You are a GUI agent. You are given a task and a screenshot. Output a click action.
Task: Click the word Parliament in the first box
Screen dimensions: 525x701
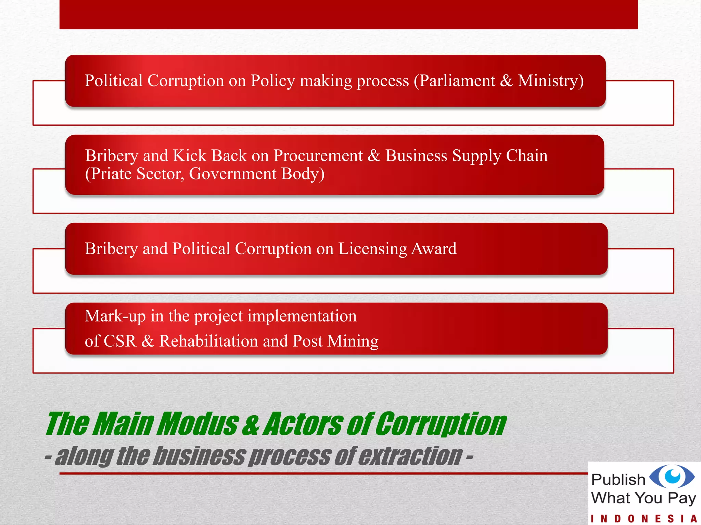(457, 81)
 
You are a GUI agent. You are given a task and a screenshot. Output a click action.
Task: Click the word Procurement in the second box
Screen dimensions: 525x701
(318, 156)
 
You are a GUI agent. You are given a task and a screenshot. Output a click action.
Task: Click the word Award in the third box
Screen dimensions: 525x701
(434, 248)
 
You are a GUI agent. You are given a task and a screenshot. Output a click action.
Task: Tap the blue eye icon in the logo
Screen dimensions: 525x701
(672, 476)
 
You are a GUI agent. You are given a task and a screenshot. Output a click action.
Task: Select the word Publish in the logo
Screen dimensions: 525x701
(618, 480)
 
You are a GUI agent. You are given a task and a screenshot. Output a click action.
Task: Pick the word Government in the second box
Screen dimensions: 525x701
(233, 174)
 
